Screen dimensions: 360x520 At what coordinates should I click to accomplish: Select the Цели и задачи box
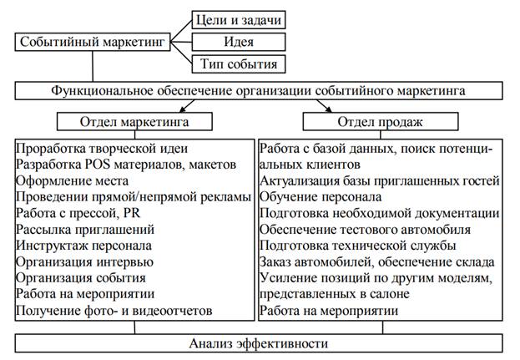237,18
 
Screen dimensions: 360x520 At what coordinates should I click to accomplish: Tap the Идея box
237,41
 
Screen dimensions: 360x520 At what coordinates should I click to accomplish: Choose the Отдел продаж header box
379,122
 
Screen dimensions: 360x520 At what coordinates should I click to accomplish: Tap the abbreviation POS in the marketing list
119,165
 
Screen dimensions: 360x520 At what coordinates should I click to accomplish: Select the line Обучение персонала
321,197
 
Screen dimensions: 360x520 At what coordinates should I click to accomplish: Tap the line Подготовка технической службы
357,246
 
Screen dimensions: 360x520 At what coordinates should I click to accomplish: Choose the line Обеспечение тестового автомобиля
365,230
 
